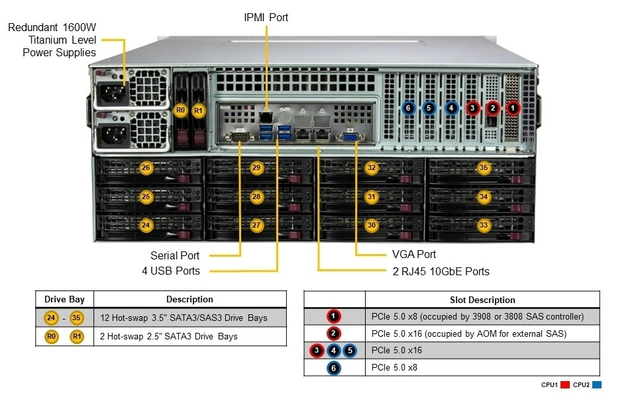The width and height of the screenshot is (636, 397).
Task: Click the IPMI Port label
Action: coord(266,17)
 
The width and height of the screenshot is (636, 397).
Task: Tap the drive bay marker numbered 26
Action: coord(146,168)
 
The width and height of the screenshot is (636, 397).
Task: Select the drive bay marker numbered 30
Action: coord(372,226)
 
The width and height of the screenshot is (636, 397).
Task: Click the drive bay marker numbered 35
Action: coord(484,168)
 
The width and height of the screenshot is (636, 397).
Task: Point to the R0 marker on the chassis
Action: coord(180,110)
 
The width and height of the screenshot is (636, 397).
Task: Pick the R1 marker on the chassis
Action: coord(199,110)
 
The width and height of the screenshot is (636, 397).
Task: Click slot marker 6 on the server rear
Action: coord(408,107)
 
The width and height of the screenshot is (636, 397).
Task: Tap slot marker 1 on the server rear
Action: coord(513,107)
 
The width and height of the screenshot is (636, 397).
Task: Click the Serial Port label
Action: coord(175,255)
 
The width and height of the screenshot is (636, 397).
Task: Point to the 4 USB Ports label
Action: coord(170,271)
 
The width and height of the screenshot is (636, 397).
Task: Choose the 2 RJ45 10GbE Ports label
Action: coord(440,271)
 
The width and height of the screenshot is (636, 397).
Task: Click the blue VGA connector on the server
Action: coord(349,138)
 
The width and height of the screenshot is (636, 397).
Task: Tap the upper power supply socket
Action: coord(110,96)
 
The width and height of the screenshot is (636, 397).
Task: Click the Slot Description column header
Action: coord(482,300)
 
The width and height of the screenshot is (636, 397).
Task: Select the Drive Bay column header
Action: coord(64,299)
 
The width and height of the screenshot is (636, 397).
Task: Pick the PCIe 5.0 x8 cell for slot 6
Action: coord(395,367)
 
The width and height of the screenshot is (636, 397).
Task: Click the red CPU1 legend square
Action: coord(565,384)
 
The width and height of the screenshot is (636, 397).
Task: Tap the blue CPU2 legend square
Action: coord(597,384)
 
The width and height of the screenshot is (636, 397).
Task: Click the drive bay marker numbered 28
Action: coord(256,197)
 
